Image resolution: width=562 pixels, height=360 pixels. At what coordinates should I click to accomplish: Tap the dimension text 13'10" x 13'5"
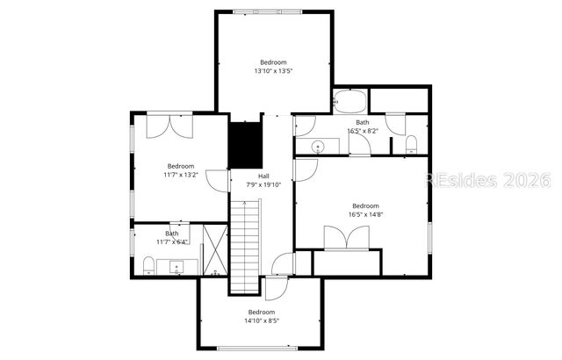[x=273, y=71]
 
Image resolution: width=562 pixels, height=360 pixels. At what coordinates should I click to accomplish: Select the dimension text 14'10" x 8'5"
[x=261, y=321]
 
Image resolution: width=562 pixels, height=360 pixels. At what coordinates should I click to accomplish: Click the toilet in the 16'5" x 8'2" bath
[x=411, y=143]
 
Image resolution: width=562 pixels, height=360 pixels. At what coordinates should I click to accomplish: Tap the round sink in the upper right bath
[x=318, y=145]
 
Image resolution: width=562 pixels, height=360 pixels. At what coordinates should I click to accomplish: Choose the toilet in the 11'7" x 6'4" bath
[x=148, y=264]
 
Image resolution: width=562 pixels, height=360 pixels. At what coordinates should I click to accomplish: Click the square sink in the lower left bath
[x=177, y=266]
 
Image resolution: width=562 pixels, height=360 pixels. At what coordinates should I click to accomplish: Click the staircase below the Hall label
[x=247, y=246]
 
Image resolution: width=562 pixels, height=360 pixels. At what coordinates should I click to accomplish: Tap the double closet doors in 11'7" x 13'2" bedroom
[x=169, y=126]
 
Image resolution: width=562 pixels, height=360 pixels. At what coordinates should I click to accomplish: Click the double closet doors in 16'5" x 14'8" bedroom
[x=347, y=238]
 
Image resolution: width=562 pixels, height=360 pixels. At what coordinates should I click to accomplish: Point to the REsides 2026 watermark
[x=487, y=181]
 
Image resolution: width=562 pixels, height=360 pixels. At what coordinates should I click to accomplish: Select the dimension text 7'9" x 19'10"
[x=263, y=185]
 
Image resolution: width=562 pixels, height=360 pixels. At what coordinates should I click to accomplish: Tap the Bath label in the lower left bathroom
[x=172, y=234]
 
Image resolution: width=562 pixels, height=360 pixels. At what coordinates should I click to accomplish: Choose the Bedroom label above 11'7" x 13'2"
[x=181, y=166]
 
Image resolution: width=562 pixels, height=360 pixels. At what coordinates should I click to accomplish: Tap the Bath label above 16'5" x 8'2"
[x=363, y=122]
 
